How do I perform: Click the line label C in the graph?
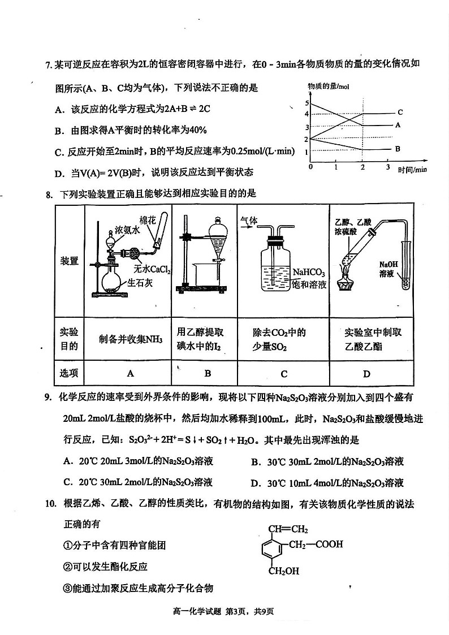(400, 112)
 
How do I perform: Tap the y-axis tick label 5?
(306, 103)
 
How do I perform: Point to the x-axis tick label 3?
(388, 168)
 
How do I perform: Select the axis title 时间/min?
(412, 169)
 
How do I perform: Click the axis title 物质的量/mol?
(329, 85)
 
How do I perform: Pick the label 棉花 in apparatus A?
(148, 220)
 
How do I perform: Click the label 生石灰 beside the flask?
(140, 283)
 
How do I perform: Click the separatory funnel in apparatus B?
(215, 237)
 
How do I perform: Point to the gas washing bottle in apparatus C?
(275, 269)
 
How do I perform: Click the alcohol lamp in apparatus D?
(347, 282)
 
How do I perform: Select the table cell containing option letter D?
(366, 373)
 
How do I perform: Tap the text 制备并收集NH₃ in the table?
(130, 339)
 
